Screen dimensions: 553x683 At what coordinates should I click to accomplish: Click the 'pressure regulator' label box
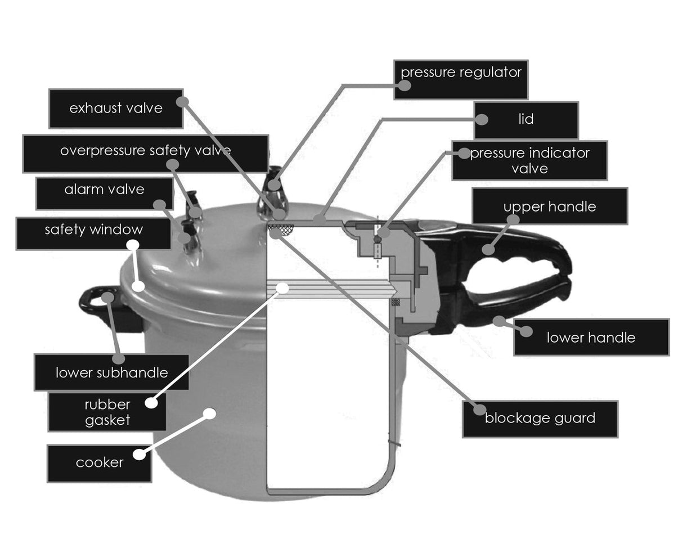(x=461, y=79)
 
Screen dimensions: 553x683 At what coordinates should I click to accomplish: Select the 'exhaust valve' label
(x=116, y=108)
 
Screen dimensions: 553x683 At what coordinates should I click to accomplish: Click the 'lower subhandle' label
(x=111, y=372)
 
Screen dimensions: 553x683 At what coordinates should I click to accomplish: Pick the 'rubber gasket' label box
(x=107, y=412)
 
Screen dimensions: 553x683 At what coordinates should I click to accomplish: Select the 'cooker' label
(x=99, y=464)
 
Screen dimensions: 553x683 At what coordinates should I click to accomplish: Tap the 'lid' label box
(x=525, y=120)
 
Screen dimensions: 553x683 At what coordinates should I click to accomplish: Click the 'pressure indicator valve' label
(x=529, y=160)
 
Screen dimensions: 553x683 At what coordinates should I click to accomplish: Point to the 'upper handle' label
(x=549, y=206)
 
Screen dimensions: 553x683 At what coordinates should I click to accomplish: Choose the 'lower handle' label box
(x=591, y=338)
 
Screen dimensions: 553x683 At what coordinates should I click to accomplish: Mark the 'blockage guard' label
(x=540, y=419)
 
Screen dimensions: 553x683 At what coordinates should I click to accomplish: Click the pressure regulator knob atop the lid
(x=274, y=186)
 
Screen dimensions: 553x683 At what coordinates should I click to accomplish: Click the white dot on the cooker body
(x=209, y=413)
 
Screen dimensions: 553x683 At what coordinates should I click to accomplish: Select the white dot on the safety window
(x=138, y=285)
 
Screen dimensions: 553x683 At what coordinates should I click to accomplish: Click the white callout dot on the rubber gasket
(x=282, y=288)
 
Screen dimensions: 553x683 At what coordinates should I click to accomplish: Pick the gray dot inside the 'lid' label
(x=482, y=119)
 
